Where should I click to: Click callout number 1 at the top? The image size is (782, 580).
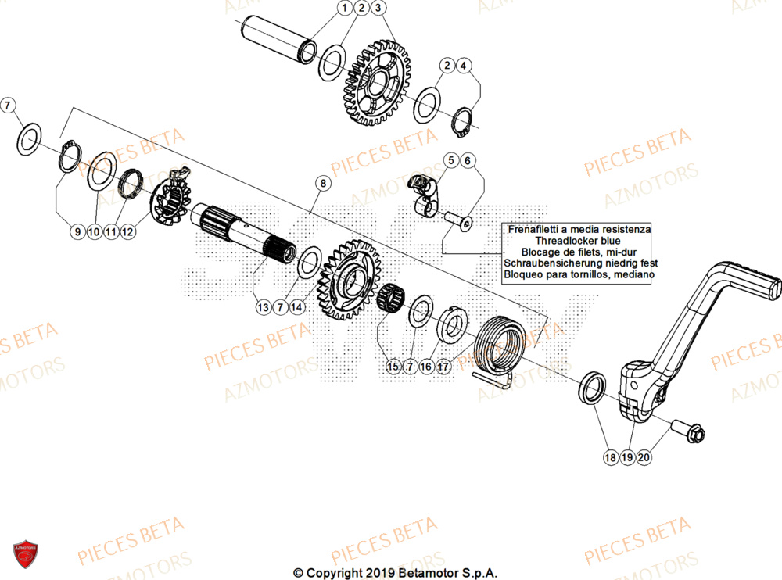tap(344, 9)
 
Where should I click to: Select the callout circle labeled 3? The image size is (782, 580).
tap(378, 9)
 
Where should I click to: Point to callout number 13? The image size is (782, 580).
tap(262, 307)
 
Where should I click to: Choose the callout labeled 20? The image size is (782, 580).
tap(644, 456)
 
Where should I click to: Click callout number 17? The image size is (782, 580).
tap(443, 365)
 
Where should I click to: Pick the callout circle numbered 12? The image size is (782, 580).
tap(128, 231)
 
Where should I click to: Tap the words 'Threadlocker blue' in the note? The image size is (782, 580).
tap(578, 242)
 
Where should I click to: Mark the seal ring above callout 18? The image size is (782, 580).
tap(591, 388)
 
